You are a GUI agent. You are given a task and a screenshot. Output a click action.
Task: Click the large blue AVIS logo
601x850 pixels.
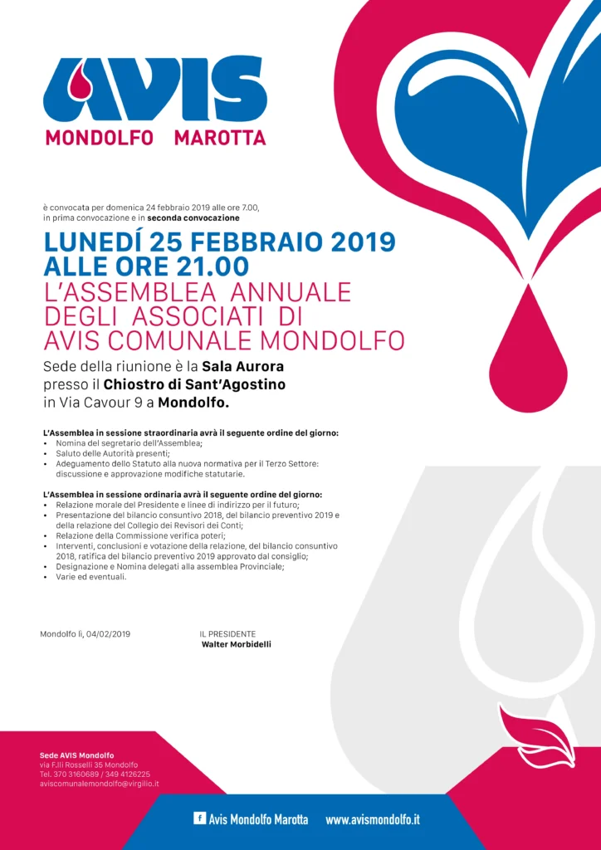156,89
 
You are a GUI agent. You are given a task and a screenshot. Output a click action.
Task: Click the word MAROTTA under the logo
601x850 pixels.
220,138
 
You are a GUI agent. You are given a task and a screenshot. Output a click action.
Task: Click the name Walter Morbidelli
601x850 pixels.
237,644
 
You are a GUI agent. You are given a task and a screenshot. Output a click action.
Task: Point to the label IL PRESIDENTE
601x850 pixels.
227,634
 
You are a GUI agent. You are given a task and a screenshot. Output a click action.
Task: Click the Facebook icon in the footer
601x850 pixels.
199,818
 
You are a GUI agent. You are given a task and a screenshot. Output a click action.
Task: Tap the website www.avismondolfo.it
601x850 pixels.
373,819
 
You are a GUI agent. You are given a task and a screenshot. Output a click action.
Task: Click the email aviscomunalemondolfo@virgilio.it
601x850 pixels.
100,784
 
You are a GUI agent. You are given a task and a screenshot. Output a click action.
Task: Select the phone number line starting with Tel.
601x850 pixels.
95,774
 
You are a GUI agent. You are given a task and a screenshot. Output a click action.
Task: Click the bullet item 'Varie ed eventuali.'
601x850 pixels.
91,577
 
